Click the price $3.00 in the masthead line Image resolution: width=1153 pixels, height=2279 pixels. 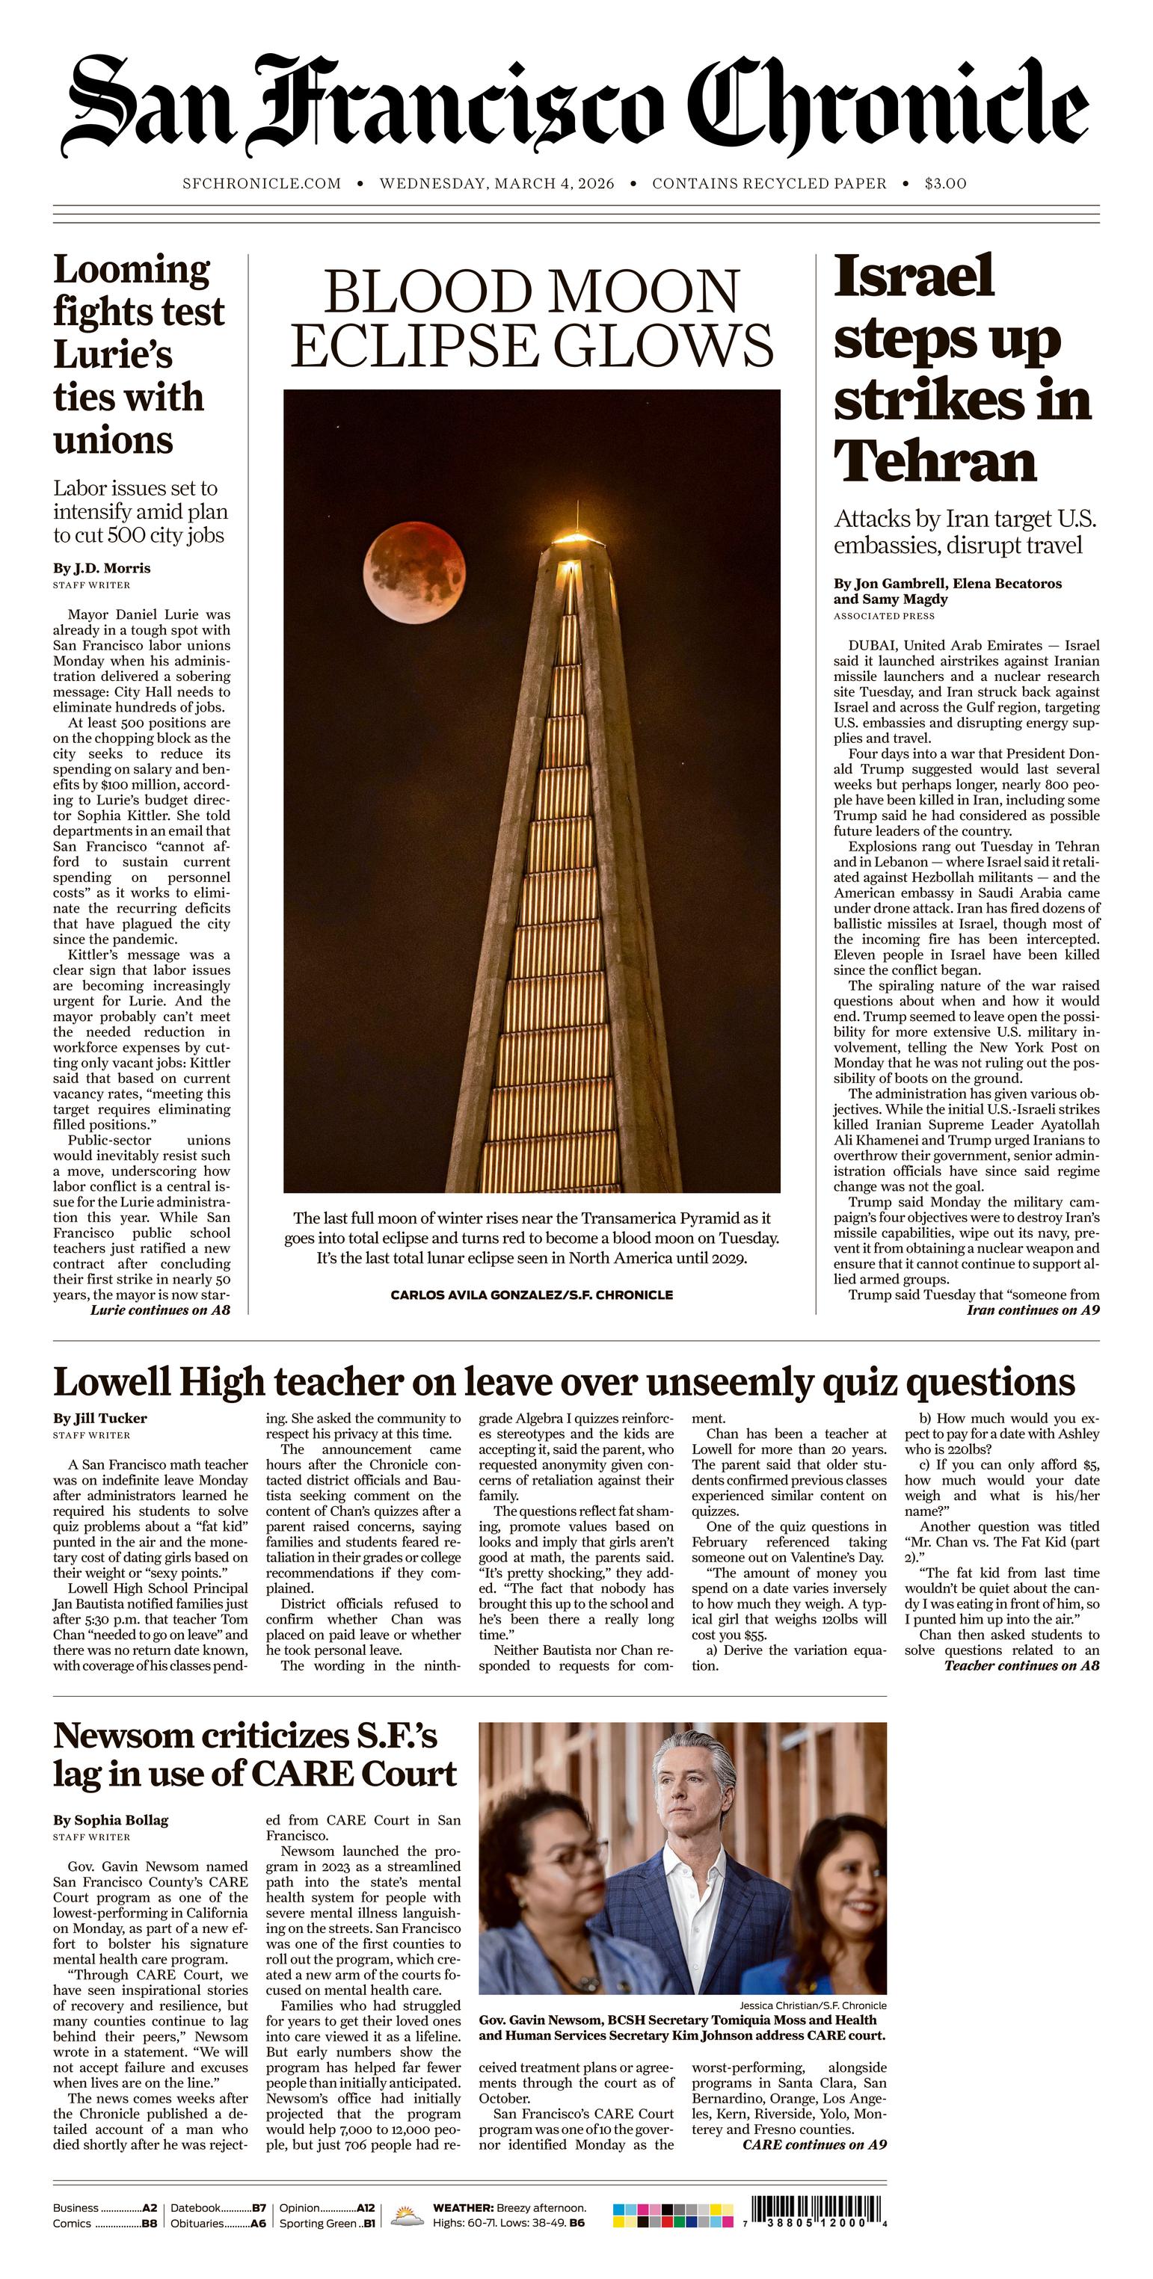point(945,184)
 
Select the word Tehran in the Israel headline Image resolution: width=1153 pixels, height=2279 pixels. point(935,461)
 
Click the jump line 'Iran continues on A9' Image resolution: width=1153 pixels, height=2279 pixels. point(1033,1310)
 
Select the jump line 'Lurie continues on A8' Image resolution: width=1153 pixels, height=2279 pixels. point(160,1310)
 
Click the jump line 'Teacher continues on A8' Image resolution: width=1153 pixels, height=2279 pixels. point(1021,1666)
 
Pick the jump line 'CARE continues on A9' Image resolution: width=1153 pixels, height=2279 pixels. point(814,2144)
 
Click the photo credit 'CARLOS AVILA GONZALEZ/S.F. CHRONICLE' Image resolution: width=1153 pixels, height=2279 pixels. point(531,1295)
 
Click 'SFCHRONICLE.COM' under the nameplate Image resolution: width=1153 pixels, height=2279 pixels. point(261,184)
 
